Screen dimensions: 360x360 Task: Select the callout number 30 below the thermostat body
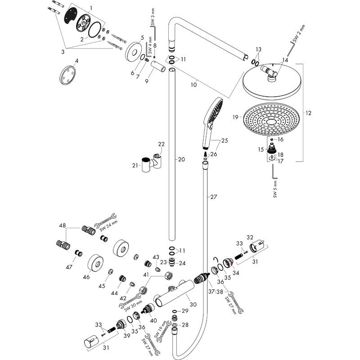(x=193, y=305)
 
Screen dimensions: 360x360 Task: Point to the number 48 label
(x=63, y=225)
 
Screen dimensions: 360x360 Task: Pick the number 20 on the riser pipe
(x=181, y=159)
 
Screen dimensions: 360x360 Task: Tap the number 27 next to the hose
(x=213, y=197)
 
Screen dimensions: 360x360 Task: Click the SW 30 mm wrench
(x=131, y=300)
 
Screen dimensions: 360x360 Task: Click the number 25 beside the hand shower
(x=225, y=141)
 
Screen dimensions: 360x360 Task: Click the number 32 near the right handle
(x=250, y=237)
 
